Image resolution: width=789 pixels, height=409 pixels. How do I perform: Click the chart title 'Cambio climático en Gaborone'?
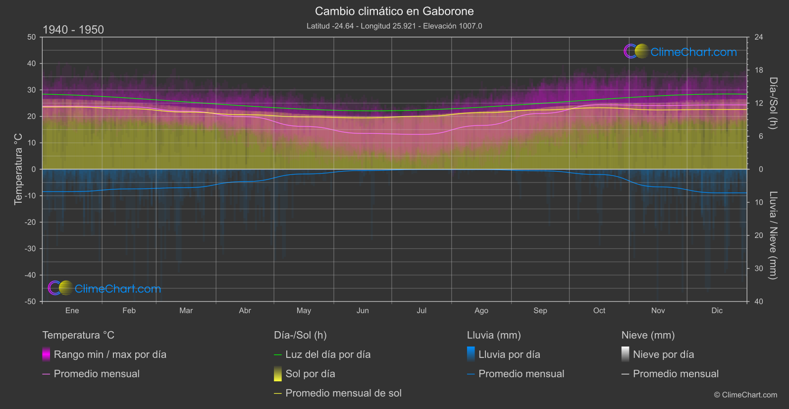(394, 11)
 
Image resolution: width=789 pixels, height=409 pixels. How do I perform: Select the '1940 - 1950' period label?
(73, 30)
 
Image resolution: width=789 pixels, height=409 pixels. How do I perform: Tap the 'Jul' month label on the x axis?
(421, 310)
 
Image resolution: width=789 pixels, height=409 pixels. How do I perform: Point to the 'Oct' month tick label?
(599, 310)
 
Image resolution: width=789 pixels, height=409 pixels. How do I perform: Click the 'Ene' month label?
(72, 310)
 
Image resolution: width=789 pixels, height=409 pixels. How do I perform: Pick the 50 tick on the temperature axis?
(32, 37)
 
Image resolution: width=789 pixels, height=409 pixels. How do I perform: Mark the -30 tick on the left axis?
(30, 249)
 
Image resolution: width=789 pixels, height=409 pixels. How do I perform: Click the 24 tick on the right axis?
(758, 37)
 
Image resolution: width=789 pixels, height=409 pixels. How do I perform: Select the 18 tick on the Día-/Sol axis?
(758, 70)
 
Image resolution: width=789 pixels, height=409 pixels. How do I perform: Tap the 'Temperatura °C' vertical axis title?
(18, 169)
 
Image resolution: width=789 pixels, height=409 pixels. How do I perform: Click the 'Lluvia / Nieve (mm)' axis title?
(773, 235)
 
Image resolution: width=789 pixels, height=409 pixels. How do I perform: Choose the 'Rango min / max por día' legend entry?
(110, 354)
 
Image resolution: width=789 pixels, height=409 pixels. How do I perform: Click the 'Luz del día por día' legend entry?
(328, 354)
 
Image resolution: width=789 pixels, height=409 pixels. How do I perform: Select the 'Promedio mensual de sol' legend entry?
(343, 393)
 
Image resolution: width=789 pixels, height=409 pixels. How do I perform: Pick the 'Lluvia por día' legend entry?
(509, 354)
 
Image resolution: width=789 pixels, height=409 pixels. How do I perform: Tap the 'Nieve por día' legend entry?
(663, 354)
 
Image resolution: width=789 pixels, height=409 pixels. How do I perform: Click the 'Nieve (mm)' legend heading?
(648, 335)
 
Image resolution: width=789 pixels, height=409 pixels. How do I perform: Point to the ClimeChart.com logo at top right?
(681, 52)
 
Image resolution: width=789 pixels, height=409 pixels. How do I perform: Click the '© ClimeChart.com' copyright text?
(745, 395)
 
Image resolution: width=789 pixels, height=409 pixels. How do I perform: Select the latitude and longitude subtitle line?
(394, 26)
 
